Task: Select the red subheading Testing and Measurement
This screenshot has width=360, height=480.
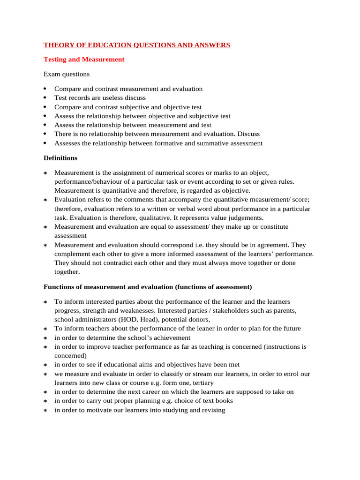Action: point(84,60)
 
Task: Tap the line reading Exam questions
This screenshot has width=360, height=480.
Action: point(67,74)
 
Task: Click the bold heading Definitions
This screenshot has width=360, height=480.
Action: point(60,158)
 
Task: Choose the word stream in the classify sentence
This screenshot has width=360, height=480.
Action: point(192,374)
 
